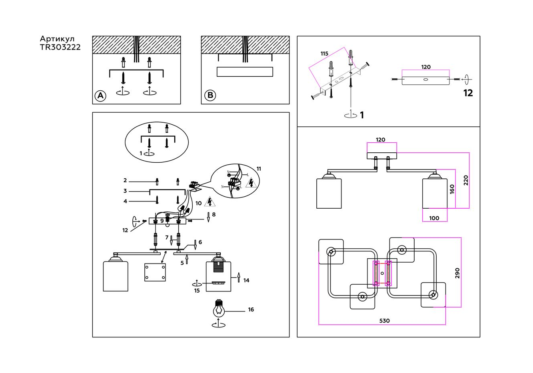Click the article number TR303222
point(60,47)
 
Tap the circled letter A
point(100,96)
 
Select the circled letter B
point(210,95)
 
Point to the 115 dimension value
point(324,54)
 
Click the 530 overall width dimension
point(385,321)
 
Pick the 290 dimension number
point(457,273)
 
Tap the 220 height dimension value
point(466,180)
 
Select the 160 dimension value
point(452,189)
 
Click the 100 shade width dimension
point(434,218)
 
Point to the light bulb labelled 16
point(219,308)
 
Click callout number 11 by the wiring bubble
point(259,169)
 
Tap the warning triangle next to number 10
point(210,201)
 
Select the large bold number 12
point(468,93)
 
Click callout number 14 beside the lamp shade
point(246,281)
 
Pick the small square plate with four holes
point(155,272)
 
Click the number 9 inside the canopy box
point(162,221)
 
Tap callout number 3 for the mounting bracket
point(125,191)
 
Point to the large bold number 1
point(362,115)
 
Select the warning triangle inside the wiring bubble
point(251,183)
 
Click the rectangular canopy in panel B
point(245,72)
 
